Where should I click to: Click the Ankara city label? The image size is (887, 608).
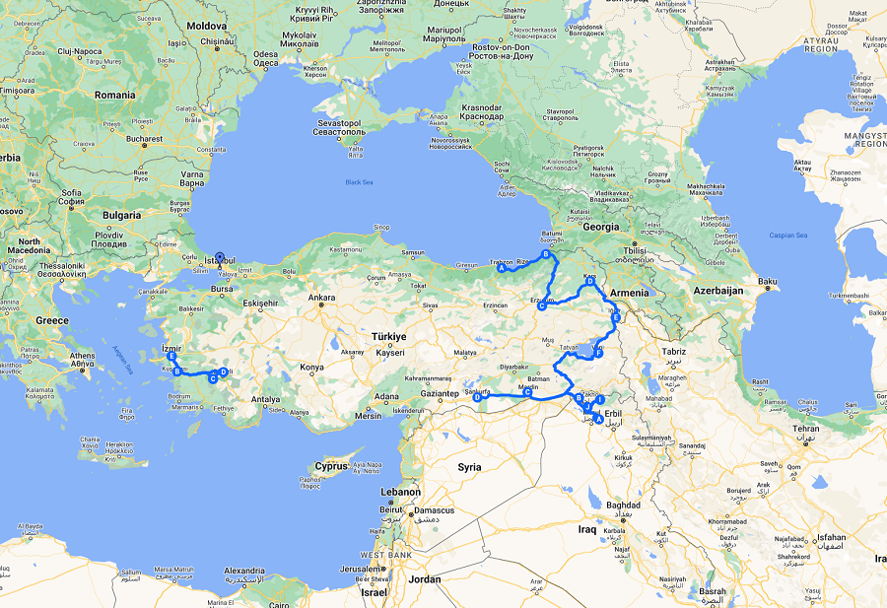(322, 297)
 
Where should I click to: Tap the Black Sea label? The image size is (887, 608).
(360, 182)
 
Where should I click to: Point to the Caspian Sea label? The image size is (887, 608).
(786, 236)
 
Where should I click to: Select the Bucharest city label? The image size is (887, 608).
(143, 139)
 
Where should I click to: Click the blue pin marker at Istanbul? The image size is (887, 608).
(219, 255)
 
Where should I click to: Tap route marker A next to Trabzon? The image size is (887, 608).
(502, 268)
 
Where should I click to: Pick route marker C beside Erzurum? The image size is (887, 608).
(541, 306)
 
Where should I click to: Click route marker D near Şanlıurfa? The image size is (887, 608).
(477, 398)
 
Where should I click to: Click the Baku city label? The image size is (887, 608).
(768, 283)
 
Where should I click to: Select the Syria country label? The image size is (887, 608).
(469, 466)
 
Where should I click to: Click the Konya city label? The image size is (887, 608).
(311, 368)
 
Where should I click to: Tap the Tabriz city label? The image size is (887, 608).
(674, 352)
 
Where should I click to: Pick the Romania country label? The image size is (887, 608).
(115, 95)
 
